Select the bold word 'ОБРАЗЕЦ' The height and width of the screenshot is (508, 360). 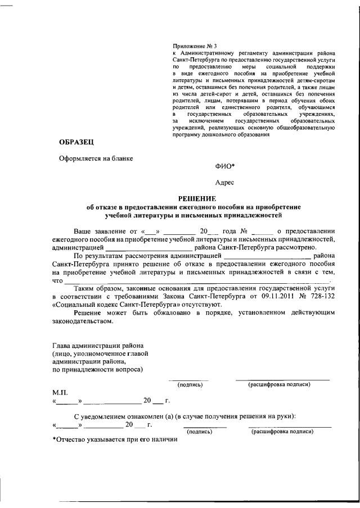[77, 143]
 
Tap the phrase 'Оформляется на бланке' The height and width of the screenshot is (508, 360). [96, 158]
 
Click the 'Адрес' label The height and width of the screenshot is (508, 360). [225, 182]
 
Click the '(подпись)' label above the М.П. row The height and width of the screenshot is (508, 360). [190, 385]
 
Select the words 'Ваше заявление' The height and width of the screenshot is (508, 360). [100, 231]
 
